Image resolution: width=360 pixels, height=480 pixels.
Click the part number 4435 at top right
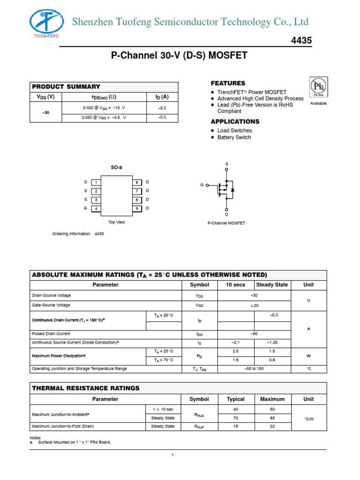(x=301, y=41)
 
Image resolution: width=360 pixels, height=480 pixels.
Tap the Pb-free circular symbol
(x=319, y=87)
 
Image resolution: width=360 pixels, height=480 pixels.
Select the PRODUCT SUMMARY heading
(x=66, y=87)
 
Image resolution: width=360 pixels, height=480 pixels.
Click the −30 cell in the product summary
(x=46, y=113)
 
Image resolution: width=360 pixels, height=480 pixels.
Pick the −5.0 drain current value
(x=162, y=117)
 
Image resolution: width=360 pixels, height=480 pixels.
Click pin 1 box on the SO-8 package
(x=96, y=182)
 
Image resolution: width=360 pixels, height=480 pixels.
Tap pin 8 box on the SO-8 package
(x=137, y=182)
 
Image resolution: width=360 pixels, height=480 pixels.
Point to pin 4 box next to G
(x=96, y=209)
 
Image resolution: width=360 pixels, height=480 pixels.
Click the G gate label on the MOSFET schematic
(x=202, y=185)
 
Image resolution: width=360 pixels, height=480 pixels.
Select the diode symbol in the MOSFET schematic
(x=233, y=189)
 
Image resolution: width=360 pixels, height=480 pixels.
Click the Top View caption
(x=117, y=222)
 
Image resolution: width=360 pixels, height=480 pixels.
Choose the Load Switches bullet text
(x=234, y=131)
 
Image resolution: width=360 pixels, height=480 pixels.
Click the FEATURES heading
(x=228, y=83)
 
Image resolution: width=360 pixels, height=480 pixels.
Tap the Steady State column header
(x=272, y=285)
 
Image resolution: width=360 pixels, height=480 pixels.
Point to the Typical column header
(x=236, y=399)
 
